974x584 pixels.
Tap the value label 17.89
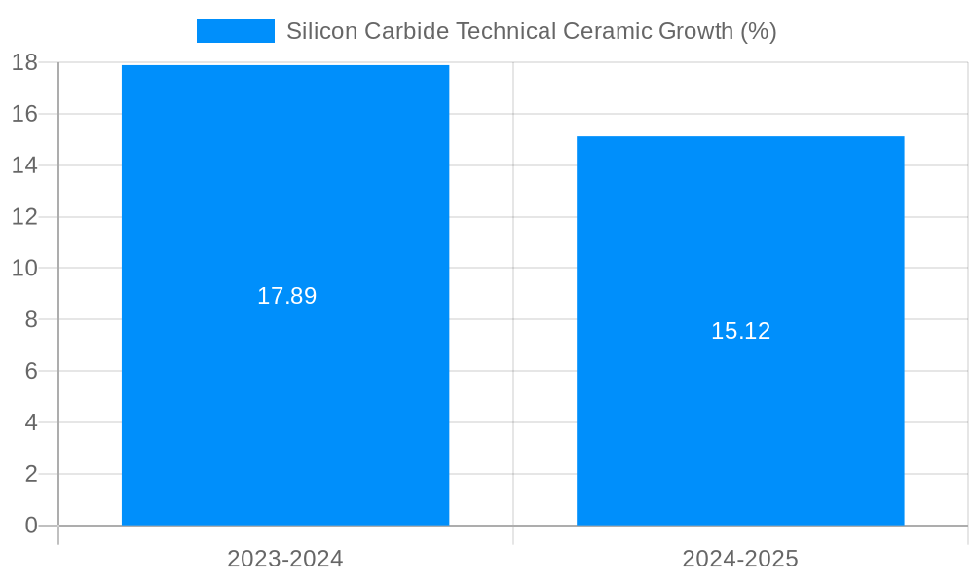(286, 296)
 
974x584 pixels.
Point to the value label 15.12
(740, 331)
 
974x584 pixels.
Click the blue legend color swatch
(236, 31)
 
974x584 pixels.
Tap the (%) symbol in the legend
(758, 31)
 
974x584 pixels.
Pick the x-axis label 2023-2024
(285, 559)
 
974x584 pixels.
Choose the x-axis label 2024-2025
(740, 559)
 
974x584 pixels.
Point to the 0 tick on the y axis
(31, 526)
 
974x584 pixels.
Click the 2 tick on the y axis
(31, 474)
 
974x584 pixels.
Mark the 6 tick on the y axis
(31, 371)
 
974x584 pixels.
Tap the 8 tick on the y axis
(31, 319)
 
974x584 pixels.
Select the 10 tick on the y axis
(25, 268)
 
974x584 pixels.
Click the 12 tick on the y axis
(25, 216)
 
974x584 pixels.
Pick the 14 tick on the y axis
(25, 165)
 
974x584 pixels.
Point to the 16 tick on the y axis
(25, 114)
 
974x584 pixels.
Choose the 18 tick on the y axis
(25, 62)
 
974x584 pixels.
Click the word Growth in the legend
(695, 31)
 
